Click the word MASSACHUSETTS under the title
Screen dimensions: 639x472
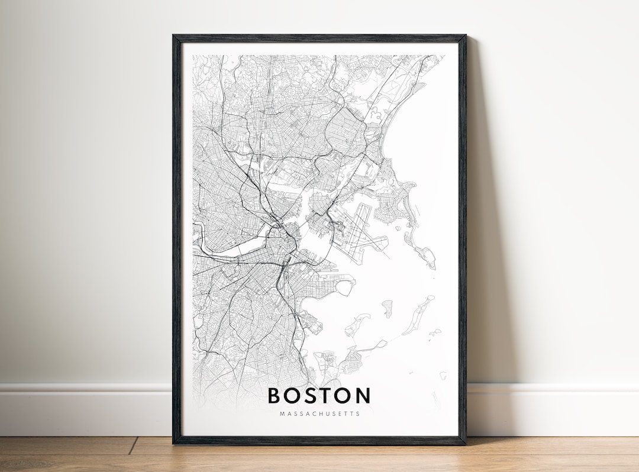coord(319,413)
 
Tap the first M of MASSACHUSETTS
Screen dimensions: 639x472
coord(282,413)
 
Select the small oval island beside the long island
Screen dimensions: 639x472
coord(388,308)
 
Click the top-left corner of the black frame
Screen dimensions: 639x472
coord(175,37)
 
